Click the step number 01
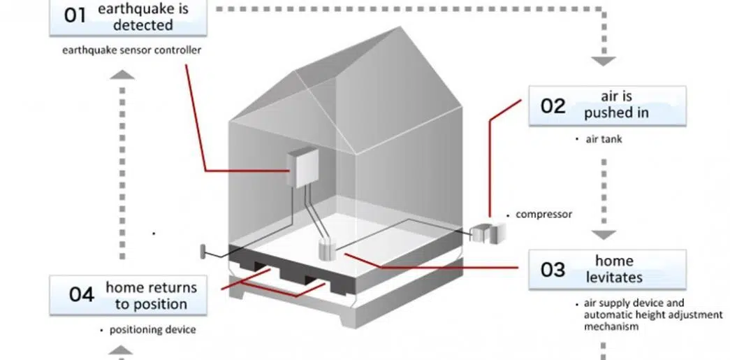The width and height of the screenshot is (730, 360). pyautogui.click(x=75, y=15)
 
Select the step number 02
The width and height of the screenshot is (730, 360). pyautogui.click(x=553, y=106)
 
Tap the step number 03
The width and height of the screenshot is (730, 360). pyautogui.click(x=553, y=269)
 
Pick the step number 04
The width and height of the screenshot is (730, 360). pyautogui.click(x=81, y=295)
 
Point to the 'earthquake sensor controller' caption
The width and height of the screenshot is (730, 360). pyautogui.click(x=131, y=50)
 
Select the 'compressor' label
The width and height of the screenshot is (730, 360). pyautogui.click(x=543, y=214)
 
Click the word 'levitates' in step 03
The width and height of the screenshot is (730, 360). pyautogui.click(x=614, y=277)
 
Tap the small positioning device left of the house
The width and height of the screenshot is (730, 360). pyautogui.click(x=203, y=250)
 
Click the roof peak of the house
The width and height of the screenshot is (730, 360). pyautogui.click(x=398, y=28)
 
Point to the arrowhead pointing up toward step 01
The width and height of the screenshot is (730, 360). pyautogui.click(x=122, y=74)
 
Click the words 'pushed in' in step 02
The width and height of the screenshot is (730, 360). pyautogui.click(x=616, y=113)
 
